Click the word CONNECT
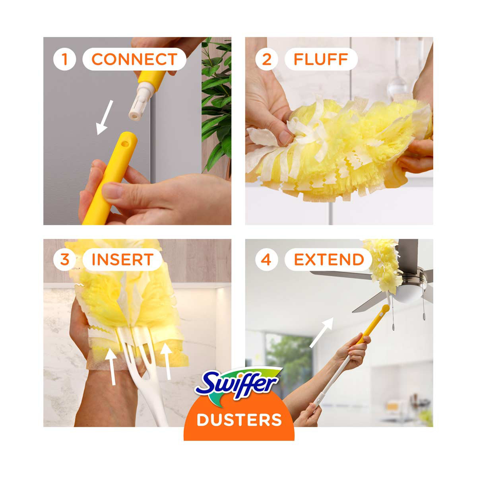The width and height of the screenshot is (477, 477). click(134, 59)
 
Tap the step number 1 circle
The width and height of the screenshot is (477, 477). click(64, 59)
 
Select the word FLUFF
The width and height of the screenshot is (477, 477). click(321, 59)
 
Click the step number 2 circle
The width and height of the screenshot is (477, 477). click(266, 59)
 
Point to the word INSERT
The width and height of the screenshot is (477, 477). click(122, 260)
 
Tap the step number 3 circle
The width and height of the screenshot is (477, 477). click(64, 260)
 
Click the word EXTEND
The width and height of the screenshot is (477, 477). click(329, 260)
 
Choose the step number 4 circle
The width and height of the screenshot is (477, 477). click(266, 260)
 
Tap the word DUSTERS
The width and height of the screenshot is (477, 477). click(239, 420)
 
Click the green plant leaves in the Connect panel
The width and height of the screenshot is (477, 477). click(216, 104)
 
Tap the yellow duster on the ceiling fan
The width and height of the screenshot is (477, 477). click(382, 266)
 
